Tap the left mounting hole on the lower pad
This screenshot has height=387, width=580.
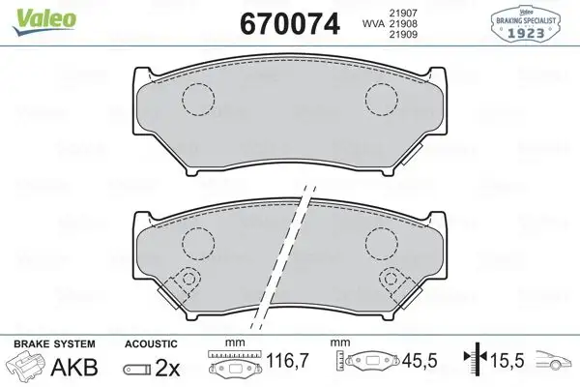tap(190, 280)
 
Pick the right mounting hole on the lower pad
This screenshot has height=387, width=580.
tap(391, 280)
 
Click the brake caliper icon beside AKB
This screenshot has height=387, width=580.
tap(26, 369)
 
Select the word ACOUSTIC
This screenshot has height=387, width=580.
tap(151, 344)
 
